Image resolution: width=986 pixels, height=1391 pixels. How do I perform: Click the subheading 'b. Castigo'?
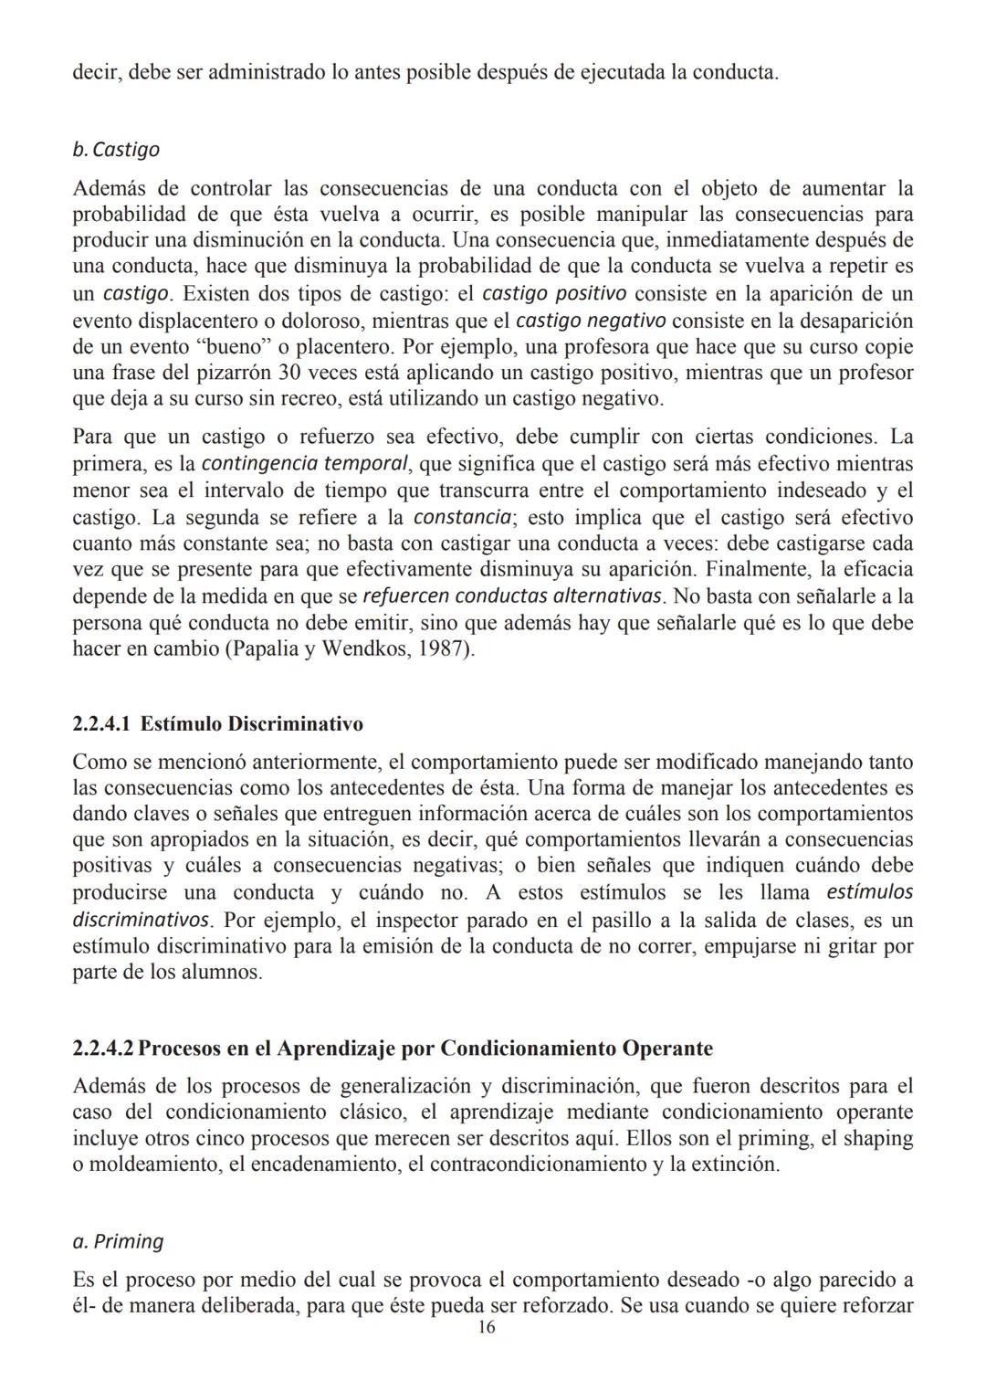[116, 149]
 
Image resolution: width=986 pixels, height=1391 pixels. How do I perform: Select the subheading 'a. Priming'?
[118, 1241]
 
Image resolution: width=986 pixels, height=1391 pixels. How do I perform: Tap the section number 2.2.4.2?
[102, 1048]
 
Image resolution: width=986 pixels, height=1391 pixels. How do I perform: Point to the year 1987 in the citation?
[449, 649]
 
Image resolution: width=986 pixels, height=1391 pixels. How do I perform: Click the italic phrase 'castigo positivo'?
[553, 294]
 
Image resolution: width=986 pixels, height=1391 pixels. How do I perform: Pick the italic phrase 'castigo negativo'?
[591, 321]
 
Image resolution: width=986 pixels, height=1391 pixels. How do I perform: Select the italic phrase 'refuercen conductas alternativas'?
[511, 596]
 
